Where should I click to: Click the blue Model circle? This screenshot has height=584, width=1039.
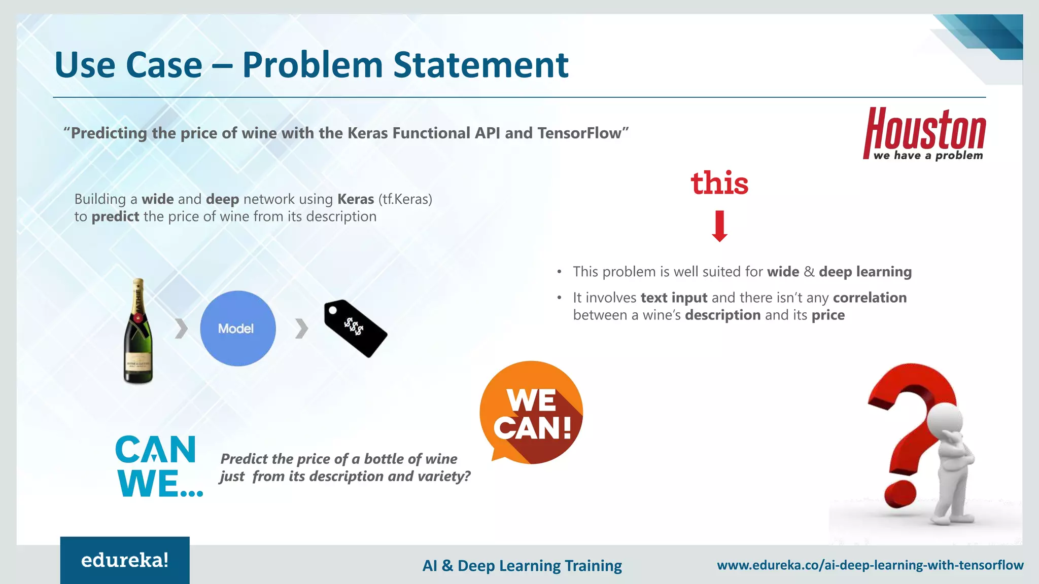pos(237,328)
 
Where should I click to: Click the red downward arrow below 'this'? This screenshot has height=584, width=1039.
pos(719,226)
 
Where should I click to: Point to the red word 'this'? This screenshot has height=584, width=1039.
pos(719,183)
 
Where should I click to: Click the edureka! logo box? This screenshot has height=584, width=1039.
pos(125,560)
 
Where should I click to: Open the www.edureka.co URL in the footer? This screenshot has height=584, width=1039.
pos(870,565)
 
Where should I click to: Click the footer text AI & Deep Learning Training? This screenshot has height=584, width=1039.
pos(522,565)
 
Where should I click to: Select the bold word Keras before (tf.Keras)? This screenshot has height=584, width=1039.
pos(356,199)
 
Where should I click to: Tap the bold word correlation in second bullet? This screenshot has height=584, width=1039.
pos(870,298)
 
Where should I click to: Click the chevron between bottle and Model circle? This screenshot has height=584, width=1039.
pos(181,328)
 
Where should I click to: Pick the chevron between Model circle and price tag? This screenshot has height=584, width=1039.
pos(301,328)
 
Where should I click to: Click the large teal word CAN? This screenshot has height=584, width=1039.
pos(155,450)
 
